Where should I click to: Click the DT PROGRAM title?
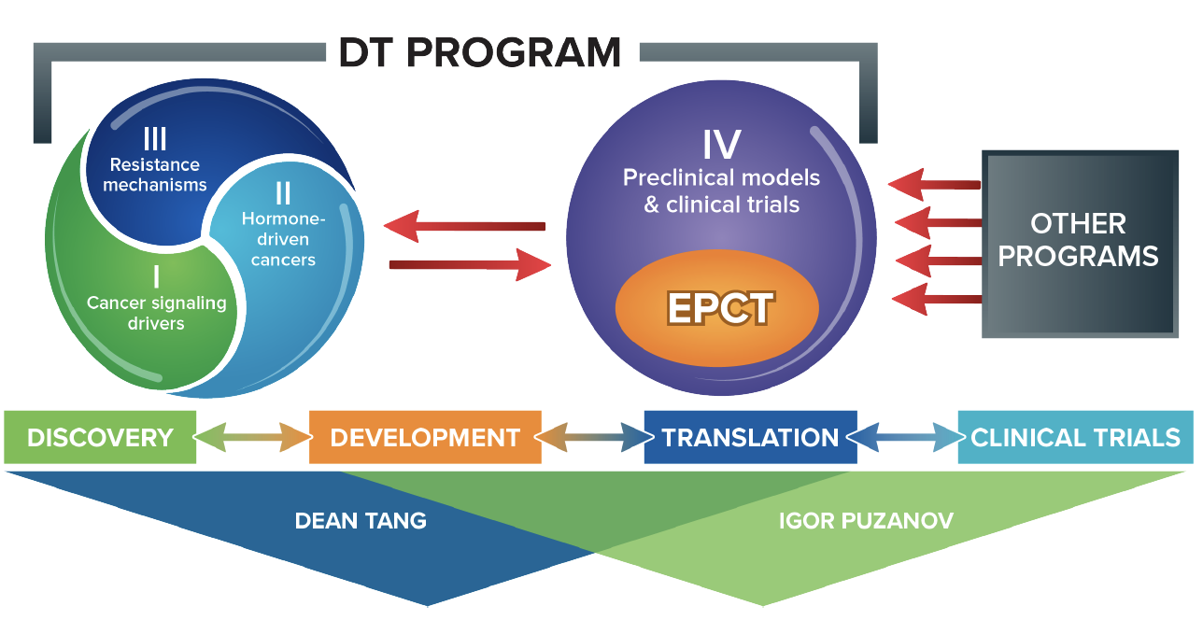479,52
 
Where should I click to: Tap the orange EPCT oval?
717,308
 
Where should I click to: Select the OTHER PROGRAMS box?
1080,244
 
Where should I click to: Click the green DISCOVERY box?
100,437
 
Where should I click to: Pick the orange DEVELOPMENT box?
425,437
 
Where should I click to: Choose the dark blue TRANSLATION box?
750,437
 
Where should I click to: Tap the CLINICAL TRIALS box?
1076,437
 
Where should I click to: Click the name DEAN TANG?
361,521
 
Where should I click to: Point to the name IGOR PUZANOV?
866,521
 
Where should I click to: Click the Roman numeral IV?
722,145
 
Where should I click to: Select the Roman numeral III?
155,138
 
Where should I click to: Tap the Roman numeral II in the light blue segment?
283,192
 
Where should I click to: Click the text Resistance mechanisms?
155,175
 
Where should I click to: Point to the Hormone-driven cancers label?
283,239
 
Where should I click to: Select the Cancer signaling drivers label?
156,313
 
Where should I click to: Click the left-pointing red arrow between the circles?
464,226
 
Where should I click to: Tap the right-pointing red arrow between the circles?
470,264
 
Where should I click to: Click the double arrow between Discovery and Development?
252,438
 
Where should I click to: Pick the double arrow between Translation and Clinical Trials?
908,438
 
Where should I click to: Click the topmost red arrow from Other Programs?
934,185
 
